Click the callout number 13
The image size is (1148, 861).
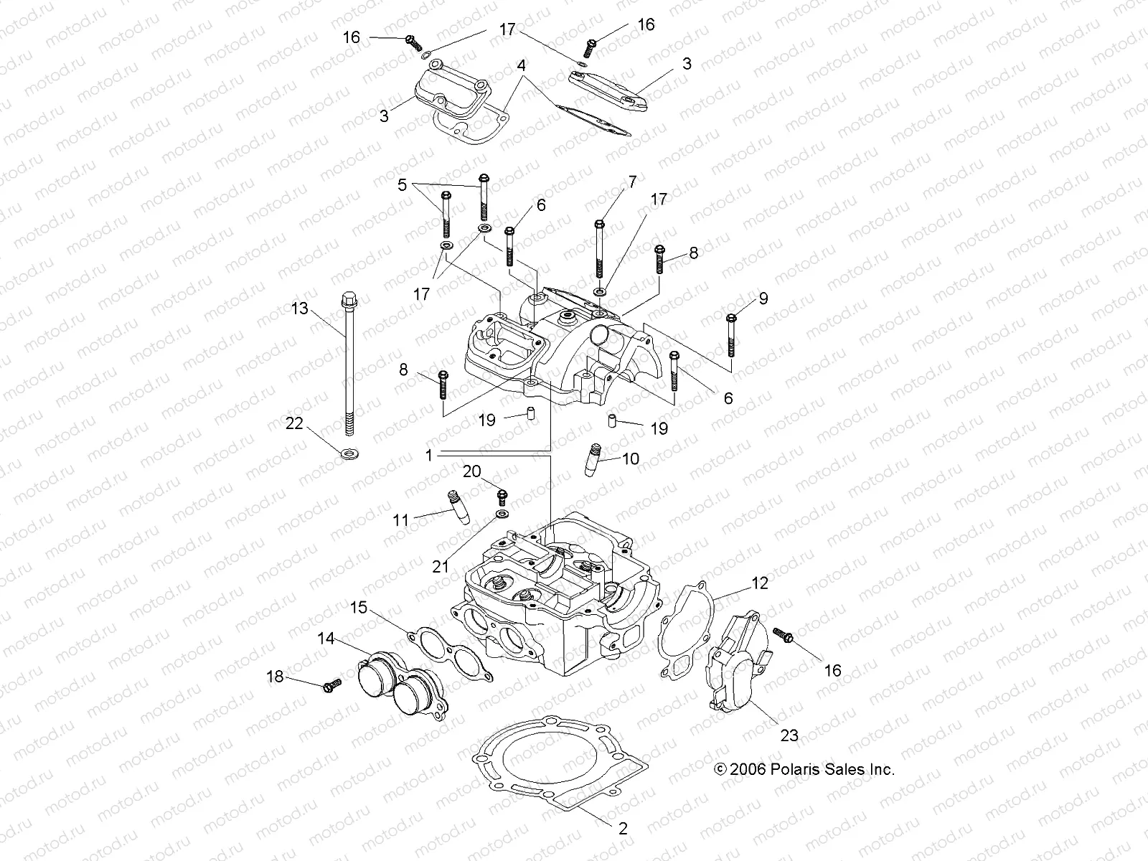319,309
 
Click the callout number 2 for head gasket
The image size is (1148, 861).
623,829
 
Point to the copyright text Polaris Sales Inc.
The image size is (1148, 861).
804,769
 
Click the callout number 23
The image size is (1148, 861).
789,735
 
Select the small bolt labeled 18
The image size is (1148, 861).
330,687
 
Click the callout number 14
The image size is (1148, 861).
326,638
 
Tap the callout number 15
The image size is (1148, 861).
358,608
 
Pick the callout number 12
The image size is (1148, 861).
759,583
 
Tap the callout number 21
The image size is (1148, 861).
440,566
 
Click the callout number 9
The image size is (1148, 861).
763,298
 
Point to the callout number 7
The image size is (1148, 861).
632,182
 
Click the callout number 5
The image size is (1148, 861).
402,185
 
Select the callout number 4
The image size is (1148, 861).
522,65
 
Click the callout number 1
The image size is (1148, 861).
428,455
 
